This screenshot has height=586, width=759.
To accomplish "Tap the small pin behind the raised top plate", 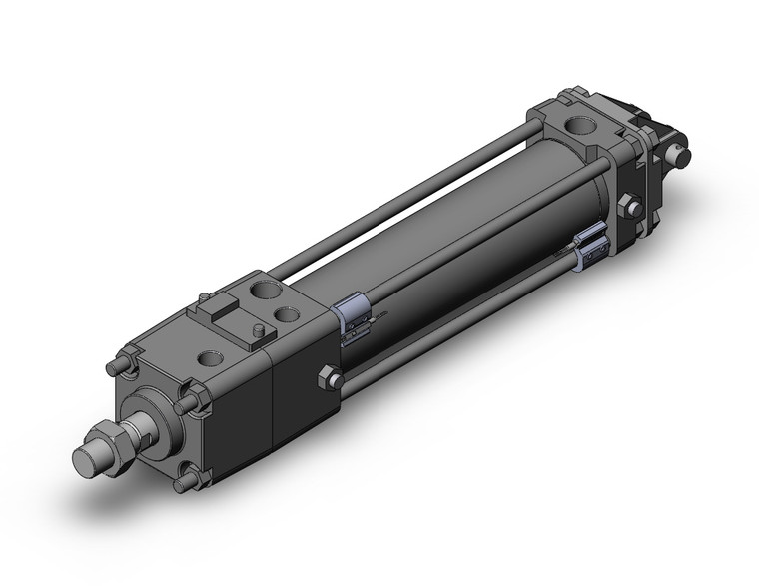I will tap(205, 296).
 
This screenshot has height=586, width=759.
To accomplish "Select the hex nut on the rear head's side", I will tap(629, 209).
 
